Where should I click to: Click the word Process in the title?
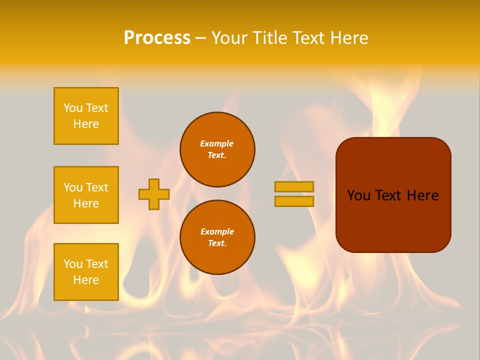[x=157, y=38]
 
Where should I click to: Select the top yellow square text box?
[x=86, y=116]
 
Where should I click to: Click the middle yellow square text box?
[x=86, y=195]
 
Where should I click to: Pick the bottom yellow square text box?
[x=86, y=272]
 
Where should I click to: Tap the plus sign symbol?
[x=154, y=194]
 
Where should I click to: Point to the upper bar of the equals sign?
[x=294, y=186]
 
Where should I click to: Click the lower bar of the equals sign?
[x=294, y=201]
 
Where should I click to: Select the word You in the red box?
[x=358, y=195]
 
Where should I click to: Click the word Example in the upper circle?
[x=217, y=143]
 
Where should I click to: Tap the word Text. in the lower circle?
[x=217, y=243]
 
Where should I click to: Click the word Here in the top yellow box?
[x=86, y=124]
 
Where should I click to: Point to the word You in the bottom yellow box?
[x=73, y=264]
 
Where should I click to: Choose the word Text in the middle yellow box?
[x=96, y=187]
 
